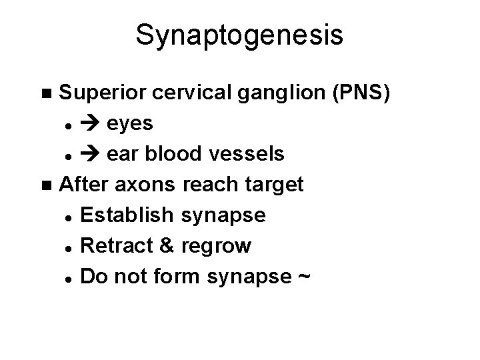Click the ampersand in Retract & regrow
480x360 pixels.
pyautogui.click(x=164, y=246)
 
